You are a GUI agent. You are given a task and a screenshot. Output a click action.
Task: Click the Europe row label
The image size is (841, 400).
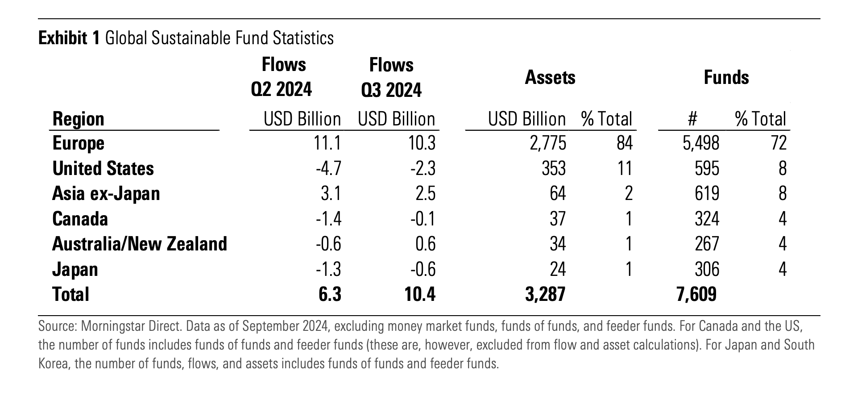click(x=78, y=143)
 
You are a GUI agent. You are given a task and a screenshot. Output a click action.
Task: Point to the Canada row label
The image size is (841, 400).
click(x=80, y=219)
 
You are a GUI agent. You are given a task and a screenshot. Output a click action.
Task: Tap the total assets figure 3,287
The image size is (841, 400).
click(x=545, y=295)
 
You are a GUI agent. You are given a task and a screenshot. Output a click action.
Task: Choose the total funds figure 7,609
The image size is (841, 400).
click(x=696, y=295)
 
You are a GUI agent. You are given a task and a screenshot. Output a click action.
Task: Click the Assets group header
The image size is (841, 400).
click(x=550, y=78)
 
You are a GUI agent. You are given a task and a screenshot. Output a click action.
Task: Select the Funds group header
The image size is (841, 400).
click(x=726, y=78)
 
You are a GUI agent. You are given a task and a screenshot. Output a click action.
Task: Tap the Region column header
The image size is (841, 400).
click(x=78, y=119)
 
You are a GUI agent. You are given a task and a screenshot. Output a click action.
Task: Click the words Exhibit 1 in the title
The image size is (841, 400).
click(x=69, y=38)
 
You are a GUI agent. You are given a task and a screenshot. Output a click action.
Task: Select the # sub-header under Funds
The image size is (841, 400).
click(x=692, y=119)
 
